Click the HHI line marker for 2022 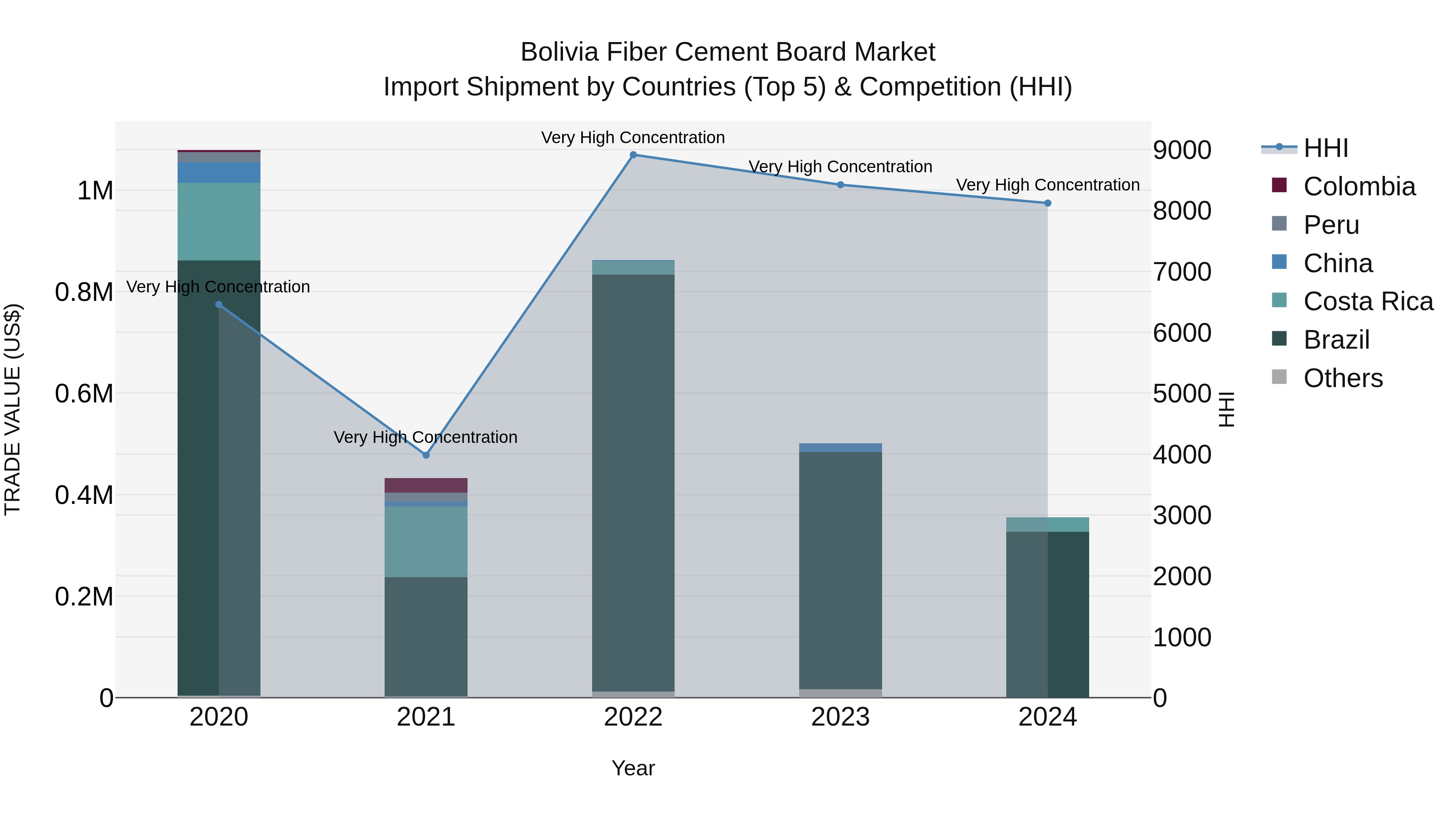point(633,155)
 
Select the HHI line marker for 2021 point(426,455)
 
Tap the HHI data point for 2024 point(1048,203)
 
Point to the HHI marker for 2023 point(840,185)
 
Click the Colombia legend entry point(1359,186)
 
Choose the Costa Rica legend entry point(1368,301)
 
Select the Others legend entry point(1342,378)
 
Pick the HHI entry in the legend point(1325,148)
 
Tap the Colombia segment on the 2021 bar point(426,485)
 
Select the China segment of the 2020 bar point(219,172)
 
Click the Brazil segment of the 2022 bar point(633,480)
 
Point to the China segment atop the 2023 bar point(840,448)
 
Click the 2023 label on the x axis point(840,717)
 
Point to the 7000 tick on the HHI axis point(1182,272)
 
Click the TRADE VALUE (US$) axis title point(13,409)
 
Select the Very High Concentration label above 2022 point(633,138)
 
